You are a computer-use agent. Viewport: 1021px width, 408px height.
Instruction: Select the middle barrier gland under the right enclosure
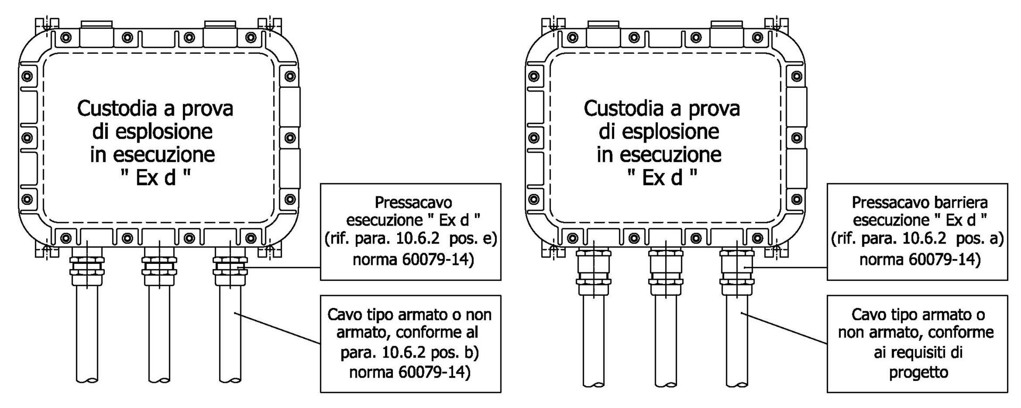[665, 271]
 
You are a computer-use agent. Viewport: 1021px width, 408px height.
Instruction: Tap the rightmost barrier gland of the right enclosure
[737, 271]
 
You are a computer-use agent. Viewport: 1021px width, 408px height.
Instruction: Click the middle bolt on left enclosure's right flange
[290, 138]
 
